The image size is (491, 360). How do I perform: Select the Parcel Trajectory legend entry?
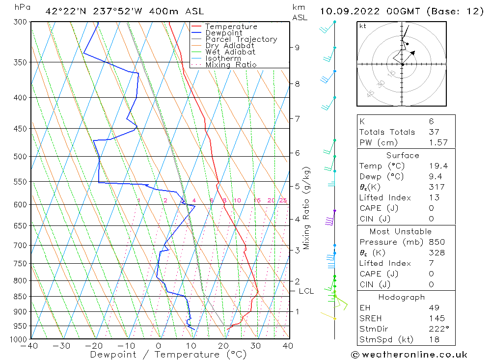pos(241,39)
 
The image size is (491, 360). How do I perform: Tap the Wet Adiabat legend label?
pos(230,52)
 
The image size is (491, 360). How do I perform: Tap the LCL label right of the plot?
pos(306,291)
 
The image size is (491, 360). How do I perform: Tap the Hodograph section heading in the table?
pos(402,297)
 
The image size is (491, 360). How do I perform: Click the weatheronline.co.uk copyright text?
pos(409,355)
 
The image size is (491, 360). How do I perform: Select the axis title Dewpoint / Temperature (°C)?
pos(168,355)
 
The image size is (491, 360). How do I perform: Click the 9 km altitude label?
pos(297,48)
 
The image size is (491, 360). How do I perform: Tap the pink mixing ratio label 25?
pos(283,200)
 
